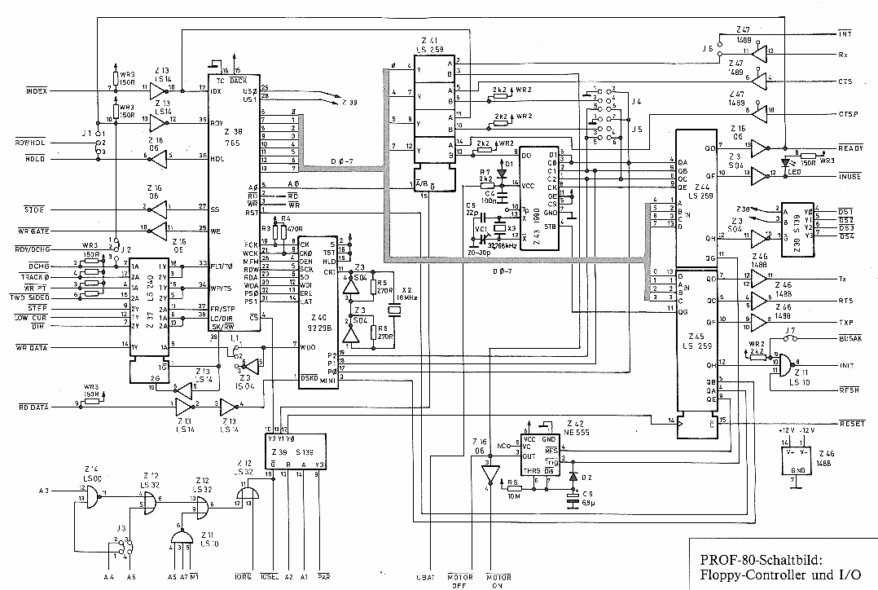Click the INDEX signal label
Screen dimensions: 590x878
[x=37, y=91]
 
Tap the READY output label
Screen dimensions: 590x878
[x=850, y=148]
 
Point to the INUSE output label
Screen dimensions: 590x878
[x=850, y=175]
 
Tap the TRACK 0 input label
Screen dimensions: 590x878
[x=35, y=276]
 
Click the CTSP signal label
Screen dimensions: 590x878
[x=849, y=114]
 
